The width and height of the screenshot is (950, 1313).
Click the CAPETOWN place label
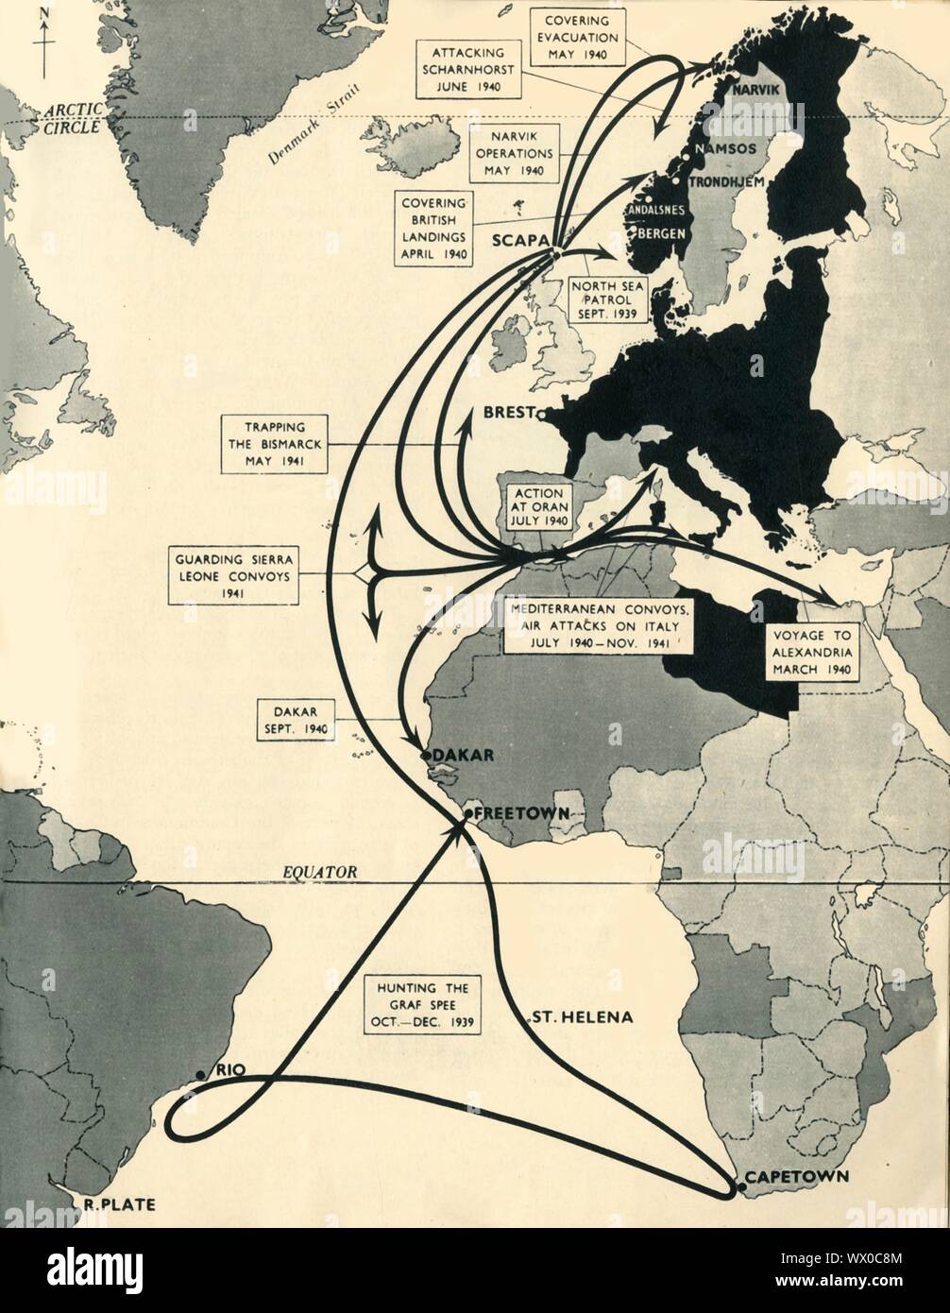coord(795,1177)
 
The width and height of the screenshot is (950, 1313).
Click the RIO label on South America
coord(230,1069)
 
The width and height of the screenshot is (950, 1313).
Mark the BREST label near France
coord(506,413)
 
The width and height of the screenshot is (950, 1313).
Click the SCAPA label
coord(519,241)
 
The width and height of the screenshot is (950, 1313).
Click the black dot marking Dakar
coord(426,755)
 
